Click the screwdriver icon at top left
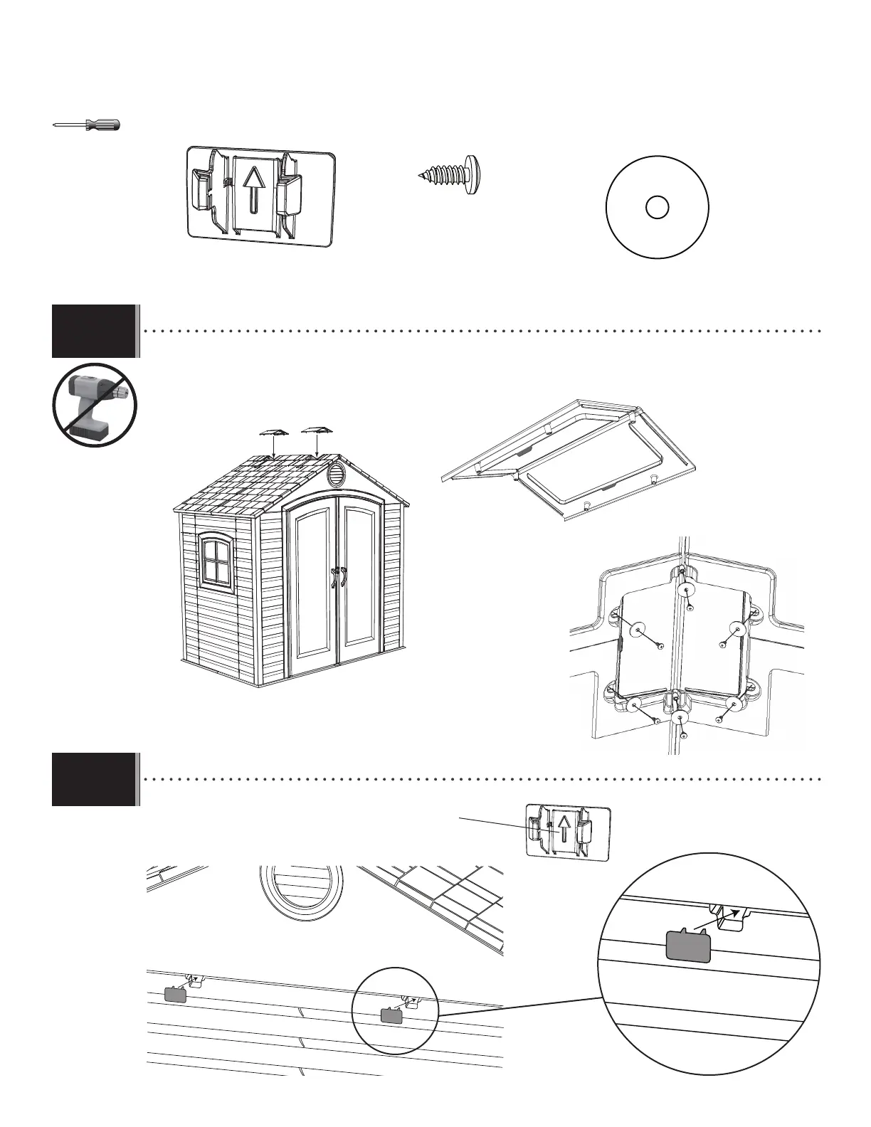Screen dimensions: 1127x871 (x=88, y=125)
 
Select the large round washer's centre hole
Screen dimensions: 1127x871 (x=657, y=207)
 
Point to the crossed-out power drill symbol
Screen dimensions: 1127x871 (x=95, y=406)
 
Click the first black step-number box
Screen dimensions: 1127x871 (x=94, y=331)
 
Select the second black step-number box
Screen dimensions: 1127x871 (x=94, y=779)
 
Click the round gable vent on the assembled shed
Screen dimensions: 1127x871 (x=335, y=476)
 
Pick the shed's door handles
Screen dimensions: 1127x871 (x=337, y=577)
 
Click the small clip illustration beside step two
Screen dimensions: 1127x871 (x=568, y=830)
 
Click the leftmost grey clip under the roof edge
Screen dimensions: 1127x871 (x=175, y=995)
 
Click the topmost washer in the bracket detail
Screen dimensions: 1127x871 (x=687, y=589)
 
